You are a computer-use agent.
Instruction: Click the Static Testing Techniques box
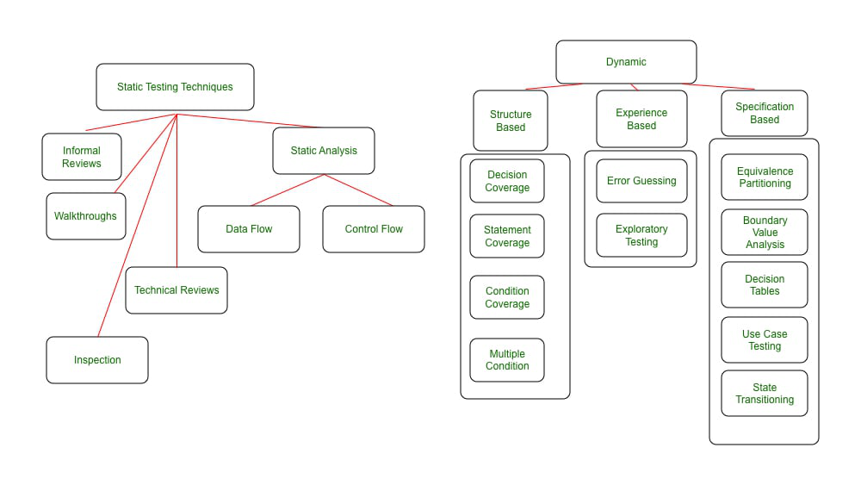(175, 87)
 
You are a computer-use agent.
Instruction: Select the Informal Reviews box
(82, 157)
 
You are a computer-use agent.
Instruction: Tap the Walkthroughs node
(85, 216)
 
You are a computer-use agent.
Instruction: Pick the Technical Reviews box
(177, 290)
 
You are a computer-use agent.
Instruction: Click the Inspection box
(97, 360)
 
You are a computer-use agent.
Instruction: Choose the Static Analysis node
(324, 151)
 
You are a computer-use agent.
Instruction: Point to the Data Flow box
(249, 229)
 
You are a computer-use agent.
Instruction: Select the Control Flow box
(374, 229)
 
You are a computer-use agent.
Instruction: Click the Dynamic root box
(626, 62)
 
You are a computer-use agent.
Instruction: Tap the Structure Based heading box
(511, 121)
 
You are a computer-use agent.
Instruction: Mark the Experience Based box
(641, 119)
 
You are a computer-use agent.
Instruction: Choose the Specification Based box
(765, 114)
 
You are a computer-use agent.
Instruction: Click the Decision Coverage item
(507, 181)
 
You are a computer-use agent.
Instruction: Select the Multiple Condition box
(507, 360)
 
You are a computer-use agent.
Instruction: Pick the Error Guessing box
(641, 181)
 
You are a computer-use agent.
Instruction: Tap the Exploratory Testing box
(641, 235)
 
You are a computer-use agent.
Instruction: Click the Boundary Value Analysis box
(765, 233)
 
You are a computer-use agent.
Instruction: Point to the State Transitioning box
(765, 394)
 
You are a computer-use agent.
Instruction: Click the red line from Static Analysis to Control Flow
(358, 190)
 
